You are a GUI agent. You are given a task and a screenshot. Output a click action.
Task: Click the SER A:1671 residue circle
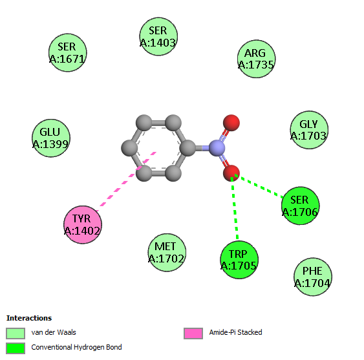click(x=67, y=53)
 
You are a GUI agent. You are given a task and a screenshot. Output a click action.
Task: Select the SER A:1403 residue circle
click(x=158, y=36)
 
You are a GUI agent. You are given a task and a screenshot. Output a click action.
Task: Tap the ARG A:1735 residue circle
click(x=256, y=59)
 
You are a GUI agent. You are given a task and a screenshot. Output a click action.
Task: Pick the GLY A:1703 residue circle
click(x=309, y=130)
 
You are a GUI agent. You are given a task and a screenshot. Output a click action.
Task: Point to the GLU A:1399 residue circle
click(x=51, y=138)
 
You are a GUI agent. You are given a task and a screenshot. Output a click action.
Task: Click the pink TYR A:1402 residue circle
click(x=83, y=225)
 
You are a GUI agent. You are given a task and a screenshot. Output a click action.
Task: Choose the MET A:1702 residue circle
click(x=167, y=253)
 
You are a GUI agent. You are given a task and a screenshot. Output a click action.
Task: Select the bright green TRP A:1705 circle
click(x=239, y=260)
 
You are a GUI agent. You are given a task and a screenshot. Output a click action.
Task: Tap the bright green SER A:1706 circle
click(x=301, y=206)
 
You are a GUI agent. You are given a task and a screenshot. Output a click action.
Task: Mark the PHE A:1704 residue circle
click(x=313, y=277)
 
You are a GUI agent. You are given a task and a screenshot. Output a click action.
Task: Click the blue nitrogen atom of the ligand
click(x=217, y=148)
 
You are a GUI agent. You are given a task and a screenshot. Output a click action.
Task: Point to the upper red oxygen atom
click(x=231, y=123)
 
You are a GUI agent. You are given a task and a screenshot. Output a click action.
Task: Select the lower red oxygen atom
click(x=231, y=173)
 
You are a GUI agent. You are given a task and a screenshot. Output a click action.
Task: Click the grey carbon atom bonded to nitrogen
click(x=187, y=148)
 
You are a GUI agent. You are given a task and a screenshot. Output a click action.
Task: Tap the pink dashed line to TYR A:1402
click(x=126, y=182)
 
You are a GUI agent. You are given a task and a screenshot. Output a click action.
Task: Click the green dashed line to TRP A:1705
click(x=235, y=208)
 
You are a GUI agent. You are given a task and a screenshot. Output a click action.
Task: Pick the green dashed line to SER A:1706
click(x=259, y=186)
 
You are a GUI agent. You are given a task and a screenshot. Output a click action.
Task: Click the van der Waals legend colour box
click(x=16, y=334)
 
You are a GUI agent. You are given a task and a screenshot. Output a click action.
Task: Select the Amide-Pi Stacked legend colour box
click(x=193, y=334)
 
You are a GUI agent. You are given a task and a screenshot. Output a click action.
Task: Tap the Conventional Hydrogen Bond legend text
click(x=76, y=347)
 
